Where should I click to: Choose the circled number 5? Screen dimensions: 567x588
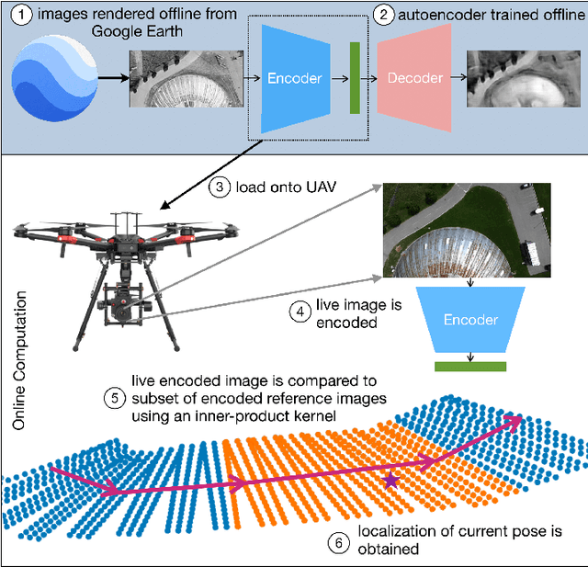(114, 399)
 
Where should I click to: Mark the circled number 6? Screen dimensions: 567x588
(338, 543)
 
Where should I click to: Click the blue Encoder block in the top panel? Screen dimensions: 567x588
(294, 78)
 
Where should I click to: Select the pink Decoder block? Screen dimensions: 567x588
(414, 79)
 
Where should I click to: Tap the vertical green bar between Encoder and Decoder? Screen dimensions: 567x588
(354, 77)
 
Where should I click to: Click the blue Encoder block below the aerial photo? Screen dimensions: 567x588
(470, 319)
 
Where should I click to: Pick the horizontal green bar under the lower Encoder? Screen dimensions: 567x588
(470, 366)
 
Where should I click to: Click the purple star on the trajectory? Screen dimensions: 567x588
(392, 480)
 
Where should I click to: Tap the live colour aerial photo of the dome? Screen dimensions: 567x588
(466, 229)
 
